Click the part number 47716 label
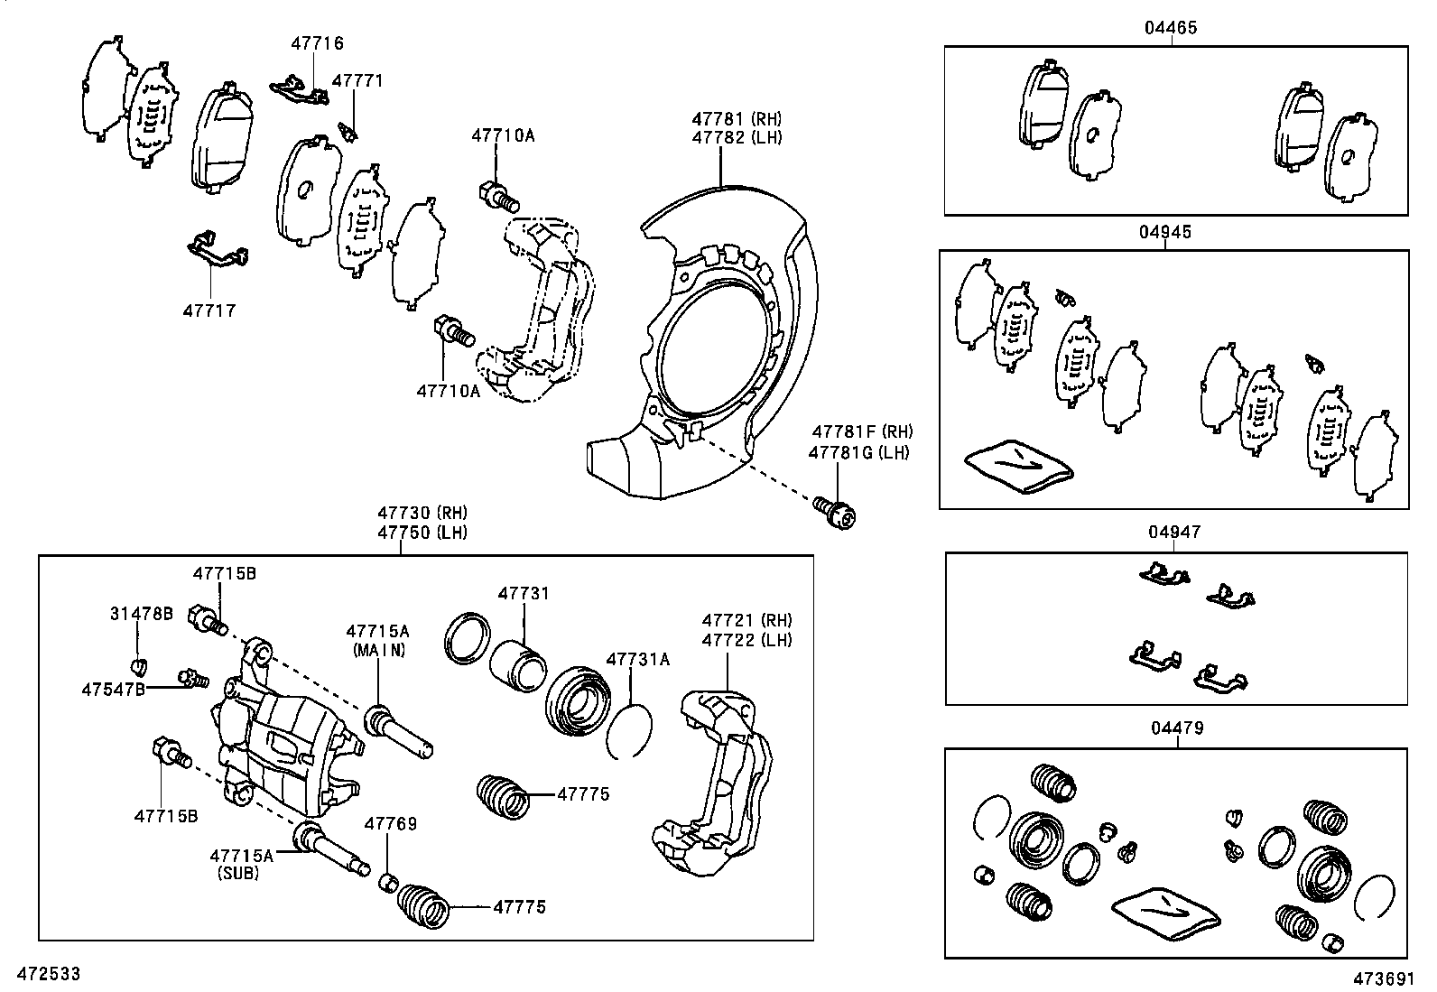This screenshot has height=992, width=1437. [x=317, y=43]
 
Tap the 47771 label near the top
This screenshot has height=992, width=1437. [x=357, y=80]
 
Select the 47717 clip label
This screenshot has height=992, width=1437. [x=209, y=311]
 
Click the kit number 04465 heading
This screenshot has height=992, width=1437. [x=1171, y=28]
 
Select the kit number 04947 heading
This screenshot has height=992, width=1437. [x=1174, y=532]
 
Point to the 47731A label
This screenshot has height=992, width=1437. [x=637, y=659]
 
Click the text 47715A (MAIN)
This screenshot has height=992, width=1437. [x=378, y=640]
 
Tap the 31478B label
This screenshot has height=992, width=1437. [x=142, y=614]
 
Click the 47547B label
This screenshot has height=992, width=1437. [x=113, y=689]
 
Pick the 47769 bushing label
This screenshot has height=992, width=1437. [x=390, y=823]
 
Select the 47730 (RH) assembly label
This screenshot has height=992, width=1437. [x=422, y=513]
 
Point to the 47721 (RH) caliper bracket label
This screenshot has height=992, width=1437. [x=746, y=620]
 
